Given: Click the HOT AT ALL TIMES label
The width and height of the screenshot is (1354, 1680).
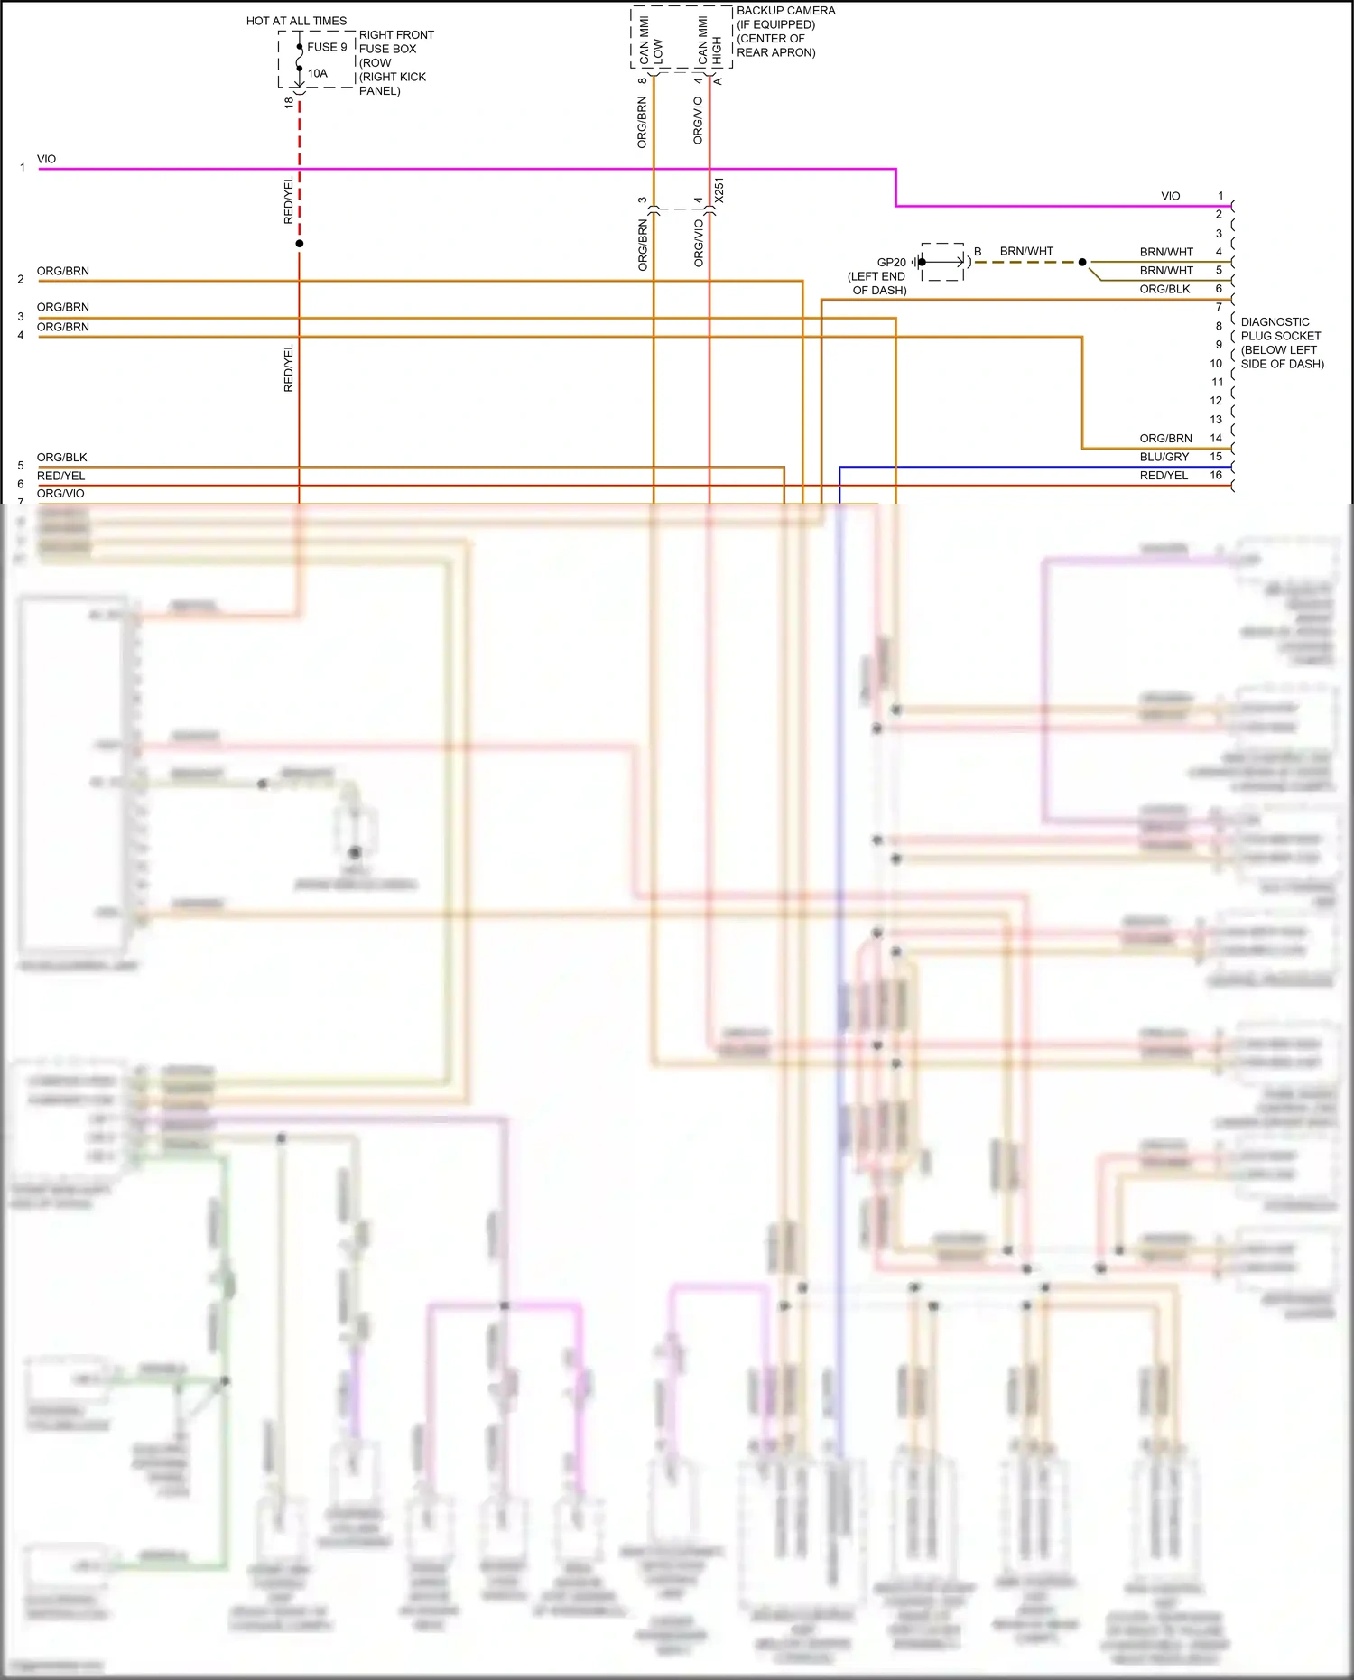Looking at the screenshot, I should [296, 21].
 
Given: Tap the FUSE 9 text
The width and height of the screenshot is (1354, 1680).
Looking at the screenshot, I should [327, 47].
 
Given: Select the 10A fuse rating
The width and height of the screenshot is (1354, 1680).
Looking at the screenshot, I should [318, 73].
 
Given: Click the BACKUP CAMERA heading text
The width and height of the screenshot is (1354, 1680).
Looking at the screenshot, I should [785, 11].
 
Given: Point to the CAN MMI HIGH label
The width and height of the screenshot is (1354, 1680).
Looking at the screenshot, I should [709, 41].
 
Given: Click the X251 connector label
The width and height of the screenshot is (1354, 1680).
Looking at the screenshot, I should [719, 190].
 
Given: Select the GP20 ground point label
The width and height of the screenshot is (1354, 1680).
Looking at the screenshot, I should [891, 263].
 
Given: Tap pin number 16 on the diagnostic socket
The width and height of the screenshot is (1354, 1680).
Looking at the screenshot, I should [1216, 475].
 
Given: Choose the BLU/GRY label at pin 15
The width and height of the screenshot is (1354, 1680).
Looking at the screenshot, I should [1164, 457].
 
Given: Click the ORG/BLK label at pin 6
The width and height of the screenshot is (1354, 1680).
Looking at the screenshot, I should [1164, 289].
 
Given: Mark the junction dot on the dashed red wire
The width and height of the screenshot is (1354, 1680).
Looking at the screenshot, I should [300, 244].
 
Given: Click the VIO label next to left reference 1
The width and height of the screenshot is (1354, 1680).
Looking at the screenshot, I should [46, 159].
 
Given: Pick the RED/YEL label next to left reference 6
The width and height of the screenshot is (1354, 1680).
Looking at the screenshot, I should [60, 476].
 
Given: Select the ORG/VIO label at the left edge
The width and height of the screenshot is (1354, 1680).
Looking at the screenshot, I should [60, 494].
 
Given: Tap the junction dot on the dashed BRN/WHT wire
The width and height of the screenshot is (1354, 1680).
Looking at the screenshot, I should [1082, 262].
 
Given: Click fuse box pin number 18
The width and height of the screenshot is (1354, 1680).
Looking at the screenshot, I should [289, 103].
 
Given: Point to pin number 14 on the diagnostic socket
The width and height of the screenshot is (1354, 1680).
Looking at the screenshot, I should [1216, 438].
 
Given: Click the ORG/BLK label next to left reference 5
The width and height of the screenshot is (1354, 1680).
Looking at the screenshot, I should [61, 458].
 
